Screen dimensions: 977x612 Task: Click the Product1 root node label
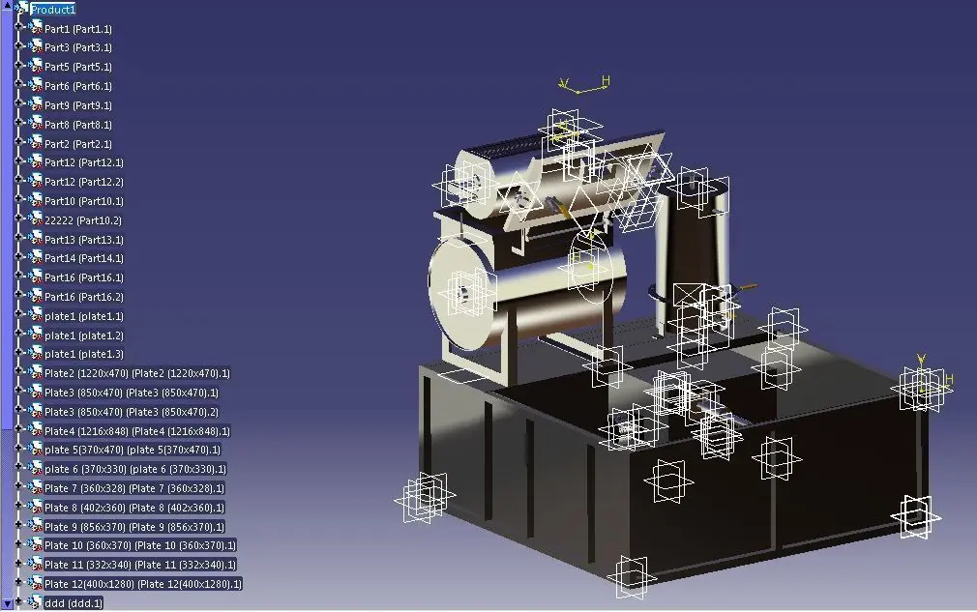pyautogui.click(x=53, y=10)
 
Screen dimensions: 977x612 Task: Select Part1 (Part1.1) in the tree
pyautogui.click(x=78, y=29)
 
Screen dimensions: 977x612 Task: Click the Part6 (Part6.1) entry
pyautogui.click(x=78, y=86)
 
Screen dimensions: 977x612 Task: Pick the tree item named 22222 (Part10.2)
pyautogui.click(x=83, y=220)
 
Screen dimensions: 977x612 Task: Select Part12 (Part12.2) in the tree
pyautogui.click(x=83, y=182)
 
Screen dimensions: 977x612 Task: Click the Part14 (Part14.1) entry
pyautogui.click(x=83, y=258)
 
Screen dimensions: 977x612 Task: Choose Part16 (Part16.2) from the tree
pyautogui.click(x=83, y=297)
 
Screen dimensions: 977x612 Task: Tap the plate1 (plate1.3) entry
pyautogui.click(x=83, y=354)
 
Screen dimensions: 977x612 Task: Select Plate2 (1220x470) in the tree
pyautogui.click(x=137, y=373)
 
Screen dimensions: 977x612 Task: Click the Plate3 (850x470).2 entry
pyautogui.click(x=132, y=412)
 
